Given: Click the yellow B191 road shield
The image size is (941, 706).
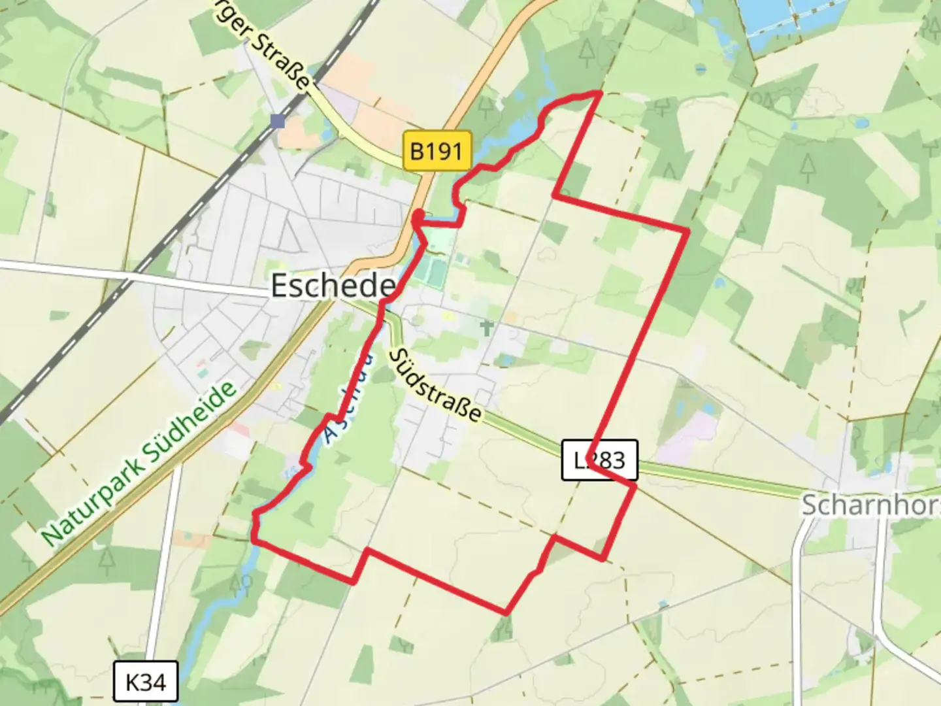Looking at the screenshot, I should click(437, 152).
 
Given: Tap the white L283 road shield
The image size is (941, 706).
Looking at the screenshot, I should click(599, 460).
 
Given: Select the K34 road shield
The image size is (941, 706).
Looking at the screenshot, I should click(145, 683).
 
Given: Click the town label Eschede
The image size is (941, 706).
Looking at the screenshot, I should click(333, 286).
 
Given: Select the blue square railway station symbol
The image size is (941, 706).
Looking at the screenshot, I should click(278, 121).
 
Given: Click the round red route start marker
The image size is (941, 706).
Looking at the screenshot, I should click(419, 216).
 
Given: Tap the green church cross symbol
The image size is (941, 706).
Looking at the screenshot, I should click(487, 328).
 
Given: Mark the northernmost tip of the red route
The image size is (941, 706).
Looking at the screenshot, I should click(599, 93).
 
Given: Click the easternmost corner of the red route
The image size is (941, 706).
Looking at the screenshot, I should click(687, 231).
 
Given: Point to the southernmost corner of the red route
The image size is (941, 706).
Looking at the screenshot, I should click(506, 613).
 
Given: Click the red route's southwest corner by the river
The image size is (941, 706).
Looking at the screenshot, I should click(254, 541).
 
